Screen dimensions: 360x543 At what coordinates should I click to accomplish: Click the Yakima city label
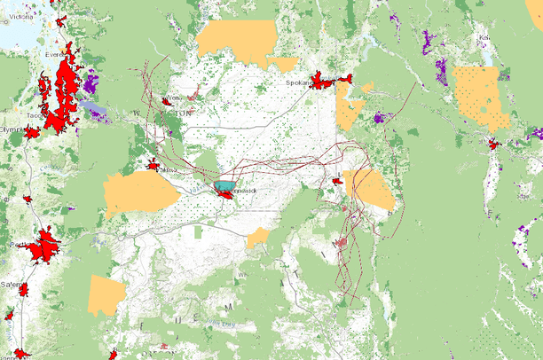(x=168, y=169)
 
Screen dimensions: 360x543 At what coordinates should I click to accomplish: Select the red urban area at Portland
(x=44, y=246)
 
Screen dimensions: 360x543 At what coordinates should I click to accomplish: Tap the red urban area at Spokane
(x=325, y=82)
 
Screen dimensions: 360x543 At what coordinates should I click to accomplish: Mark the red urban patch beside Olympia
(x=32, y=132)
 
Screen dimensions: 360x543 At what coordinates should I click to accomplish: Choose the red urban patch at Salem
(x=24, y=290)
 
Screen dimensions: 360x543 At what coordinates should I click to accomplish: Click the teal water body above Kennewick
(x=225, y=186)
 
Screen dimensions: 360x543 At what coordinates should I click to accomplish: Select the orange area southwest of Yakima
(x=138, y=192)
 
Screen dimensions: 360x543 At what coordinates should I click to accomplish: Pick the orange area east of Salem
(x=106, y=293)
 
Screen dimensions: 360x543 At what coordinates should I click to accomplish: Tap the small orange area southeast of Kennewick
(x=257, y=237)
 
